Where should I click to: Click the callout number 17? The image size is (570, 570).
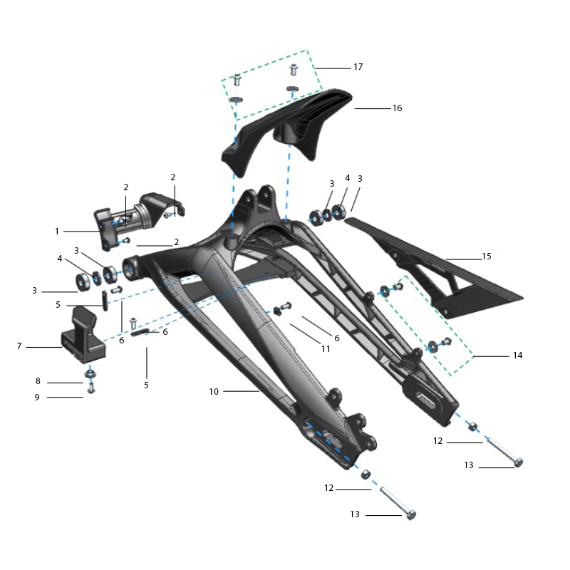(358, 67)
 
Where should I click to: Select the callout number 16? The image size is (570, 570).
(398, 108)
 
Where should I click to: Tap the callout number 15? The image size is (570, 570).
(487, 256)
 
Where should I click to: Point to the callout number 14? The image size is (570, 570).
(518, 355)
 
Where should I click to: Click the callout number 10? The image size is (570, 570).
(214, 391)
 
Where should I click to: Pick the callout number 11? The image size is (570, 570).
(326, 349)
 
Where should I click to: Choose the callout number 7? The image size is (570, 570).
(19, 346)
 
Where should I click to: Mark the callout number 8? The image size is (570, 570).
(38, 381)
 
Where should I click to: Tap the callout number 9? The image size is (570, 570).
(37, 398)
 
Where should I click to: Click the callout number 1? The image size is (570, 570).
(57, 231)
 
